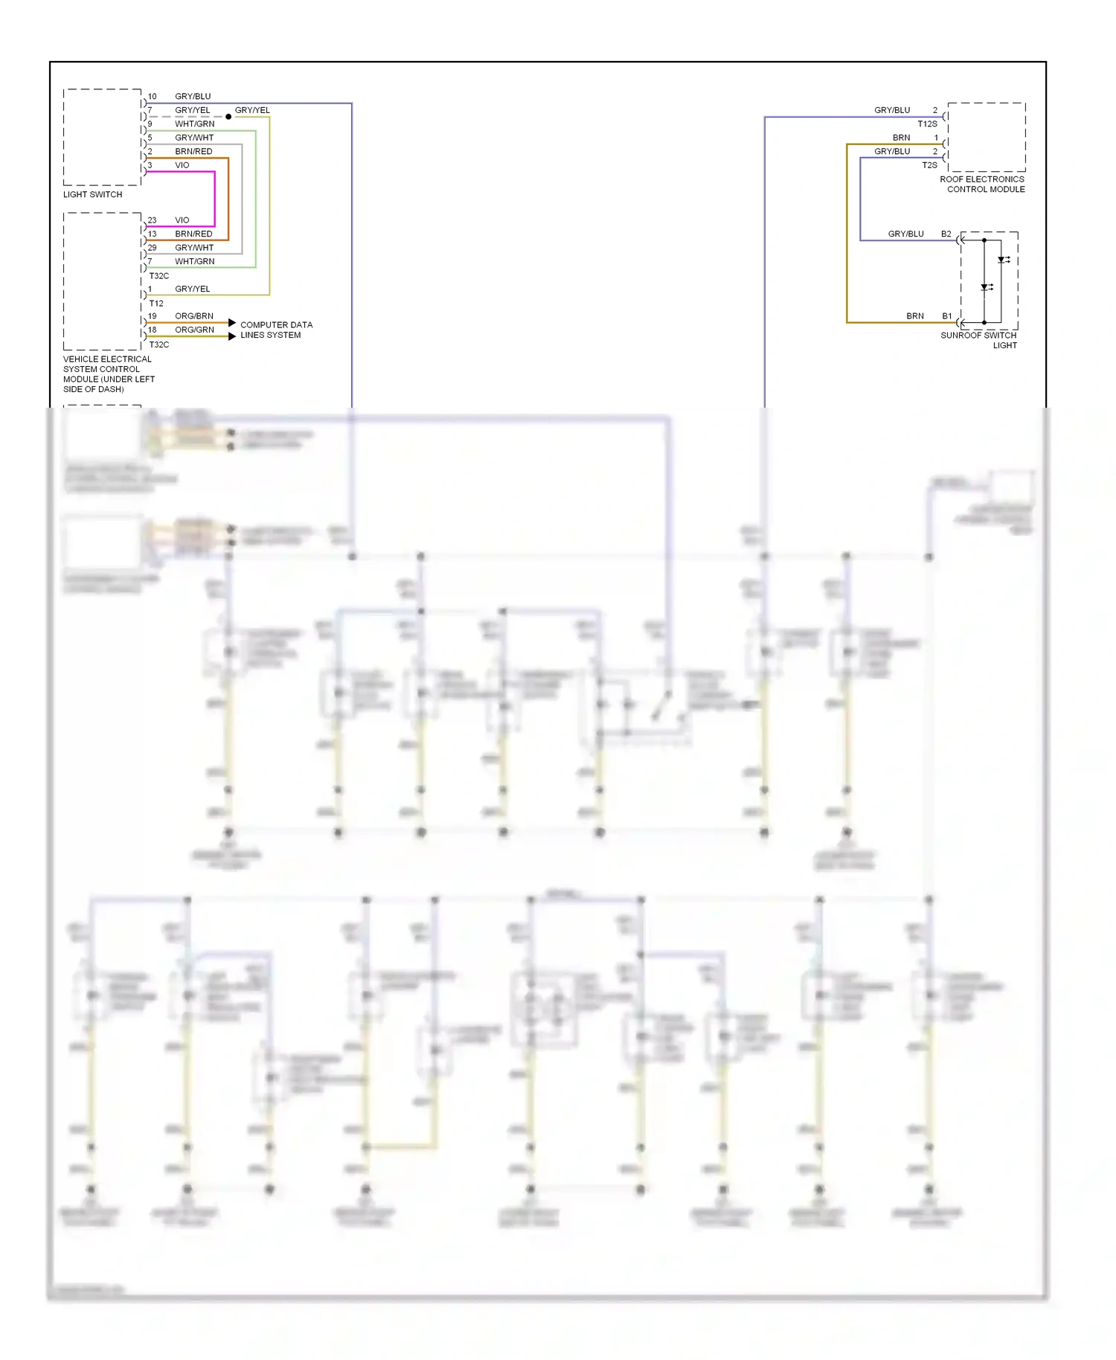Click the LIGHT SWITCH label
coord(92,194)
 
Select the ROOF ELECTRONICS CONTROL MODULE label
coord(982,184)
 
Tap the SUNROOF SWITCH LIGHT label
coord(978,340)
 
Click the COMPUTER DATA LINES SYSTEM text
coord(276,330)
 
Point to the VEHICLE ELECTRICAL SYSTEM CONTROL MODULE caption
coord(109,373)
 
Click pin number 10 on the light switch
coord(152,96)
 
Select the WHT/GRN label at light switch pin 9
coord(194,124)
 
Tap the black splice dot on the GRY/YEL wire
coord(228,117)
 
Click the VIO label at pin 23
coord(182,220)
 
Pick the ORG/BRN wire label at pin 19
coord(193,316)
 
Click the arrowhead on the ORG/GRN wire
coord(232,336)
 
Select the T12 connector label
coord(156,303)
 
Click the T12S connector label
coord(927,124)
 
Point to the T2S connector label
coord(929,165)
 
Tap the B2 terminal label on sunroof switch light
coord(946,234)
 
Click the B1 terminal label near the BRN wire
coord(946,316)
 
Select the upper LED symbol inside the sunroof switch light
coord(1003,260)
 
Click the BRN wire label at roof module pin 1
coord(901,138)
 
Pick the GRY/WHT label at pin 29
coord(194,248)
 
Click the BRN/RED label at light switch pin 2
coord(193,151)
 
